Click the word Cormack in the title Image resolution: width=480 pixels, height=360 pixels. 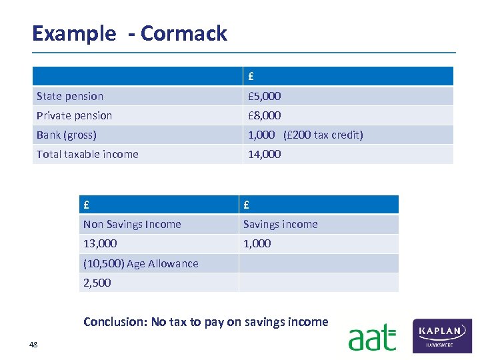click(x=184, y=33)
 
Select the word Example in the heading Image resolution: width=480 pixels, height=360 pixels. click(x=73, y=33)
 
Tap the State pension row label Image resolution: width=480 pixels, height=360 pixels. click(x=70, y=97)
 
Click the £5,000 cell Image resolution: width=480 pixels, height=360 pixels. click(x=265, y=97)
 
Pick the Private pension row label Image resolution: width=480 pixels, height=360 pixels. click(x=74, y=116)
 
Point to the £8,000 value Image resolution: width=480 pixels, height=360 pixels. click(x=265, y=116)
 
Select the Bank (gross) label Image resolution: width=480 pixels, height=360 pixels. click(x=67, y=135)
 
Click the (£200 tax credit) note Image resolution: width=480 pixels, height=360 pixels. click(x=323, y=135)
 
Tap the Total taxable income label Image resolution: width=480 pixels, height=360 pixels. click(x=87, y=155)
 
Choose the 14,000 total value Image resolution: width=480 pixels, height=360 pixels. click(x=265, y=155)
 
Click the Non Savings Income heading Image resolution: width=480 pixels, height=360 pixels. click(x=132, y=225)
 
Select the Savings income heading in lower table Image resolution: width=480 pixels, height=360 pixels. click(x=281, y=225)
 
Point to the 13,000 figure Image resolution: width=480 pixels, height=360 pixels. click(x=100, y=244)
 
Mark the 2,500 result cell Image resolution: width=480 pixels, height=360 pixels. click(x=97, y=283)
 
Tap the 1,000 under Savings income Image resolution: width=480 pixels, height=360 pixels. click(x=257, y=244)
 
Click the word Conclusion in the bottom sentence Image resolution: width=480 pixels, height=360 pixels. click(x=113, y=323)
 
